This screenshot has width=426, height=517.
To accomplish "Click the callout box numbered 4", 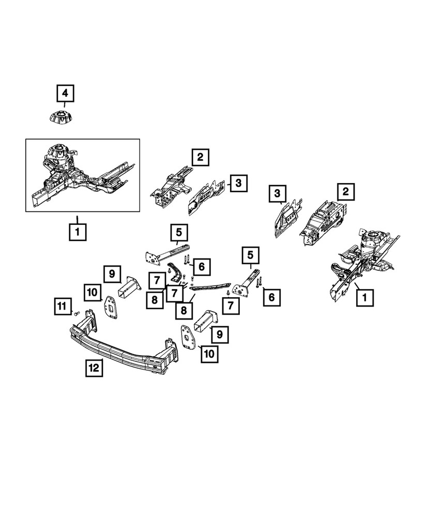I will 65,94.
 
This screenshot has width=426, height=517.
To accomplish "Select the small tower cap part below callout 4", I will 60,117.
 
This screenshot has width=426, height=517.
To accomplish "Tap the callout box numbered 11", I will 62,307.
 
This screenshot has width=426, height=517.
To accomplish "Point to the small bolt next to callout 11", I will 76,313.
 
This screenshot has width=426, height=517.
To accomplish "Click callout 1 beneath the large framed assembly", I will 77,232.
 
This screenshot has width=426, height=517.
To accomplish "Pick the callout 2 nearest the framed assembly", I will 200,157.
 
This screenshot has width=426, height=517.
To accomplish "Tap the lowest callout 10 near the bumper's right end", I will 210,354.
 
